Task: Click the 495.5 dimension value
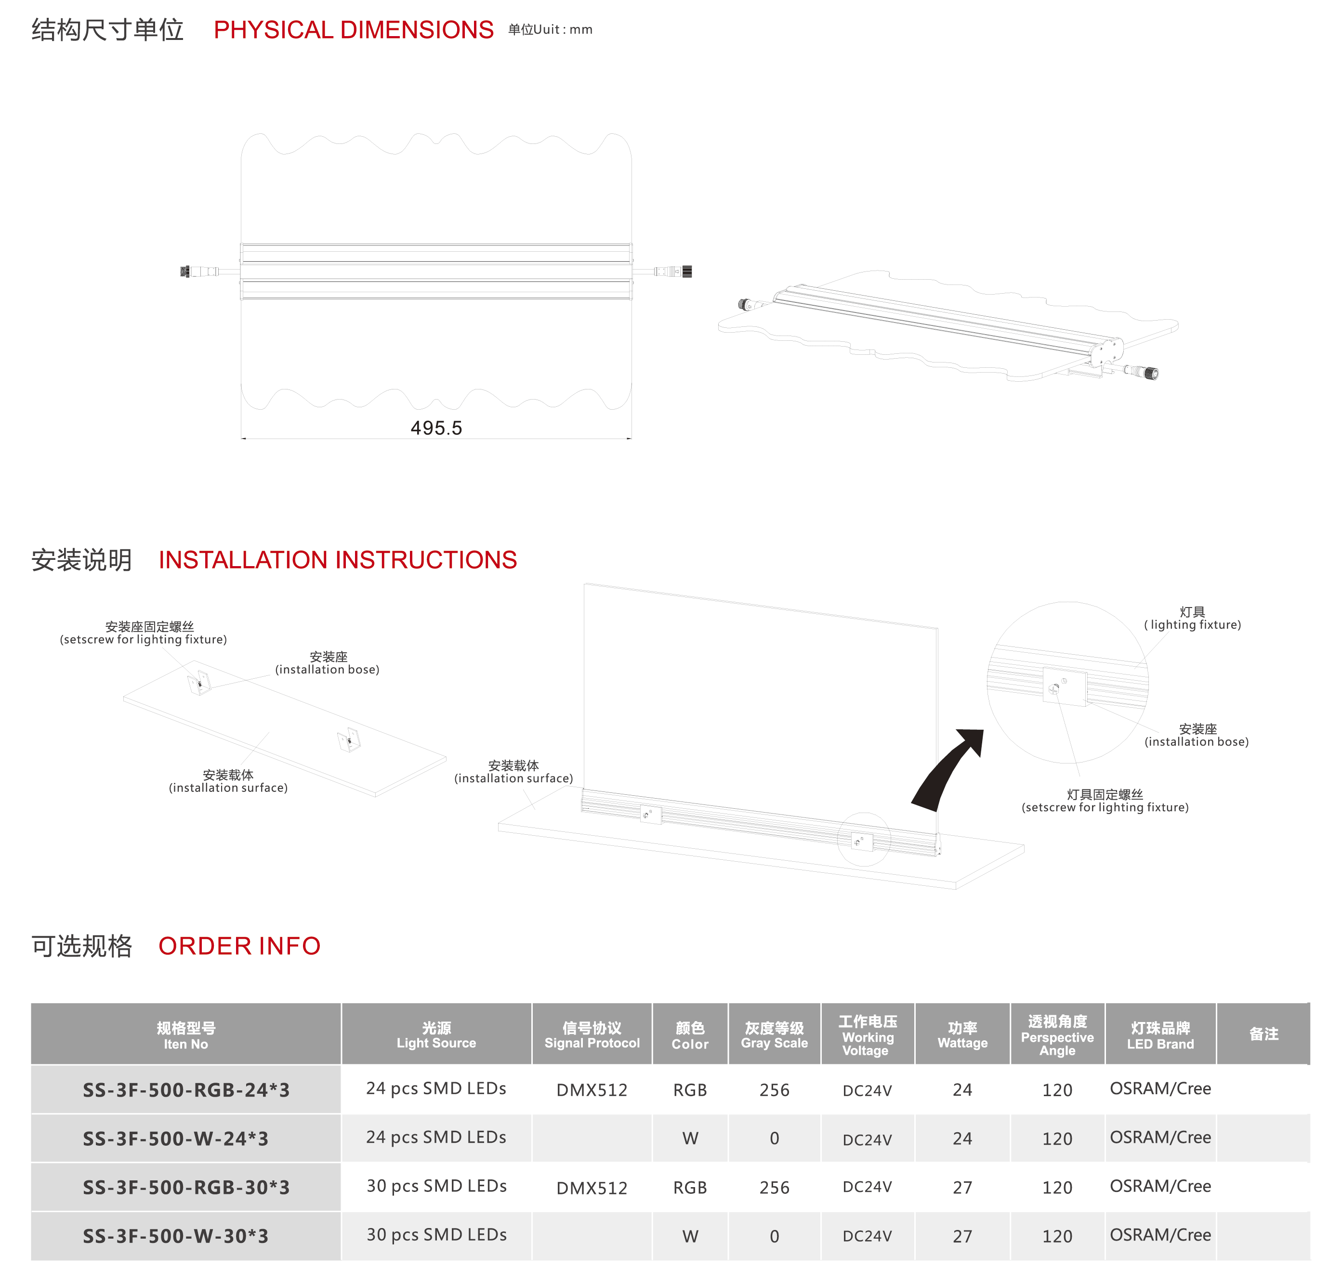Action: point(436,428)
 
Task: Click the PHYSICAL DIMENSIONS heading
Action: point(353,30)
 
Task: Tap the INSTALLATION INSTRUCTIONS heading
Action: point(338,560)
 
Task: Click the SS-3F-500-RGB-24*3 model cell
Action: point(186,1089)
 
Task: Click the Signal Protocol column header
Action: point(592,1034)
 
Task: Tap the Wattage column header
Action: point(962,1034)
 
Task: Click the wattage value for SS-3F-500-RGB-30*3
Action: point(962,1188)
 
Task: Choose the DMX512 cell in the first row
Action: point(592,1089)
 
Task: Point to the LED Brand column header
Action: point(1160,1034)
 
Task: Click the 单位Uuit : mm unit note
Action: point(550,30)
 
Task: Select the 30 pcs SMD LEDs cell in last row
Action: point(436,1235)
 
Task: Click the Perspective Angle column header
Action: point(1057,1034)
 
